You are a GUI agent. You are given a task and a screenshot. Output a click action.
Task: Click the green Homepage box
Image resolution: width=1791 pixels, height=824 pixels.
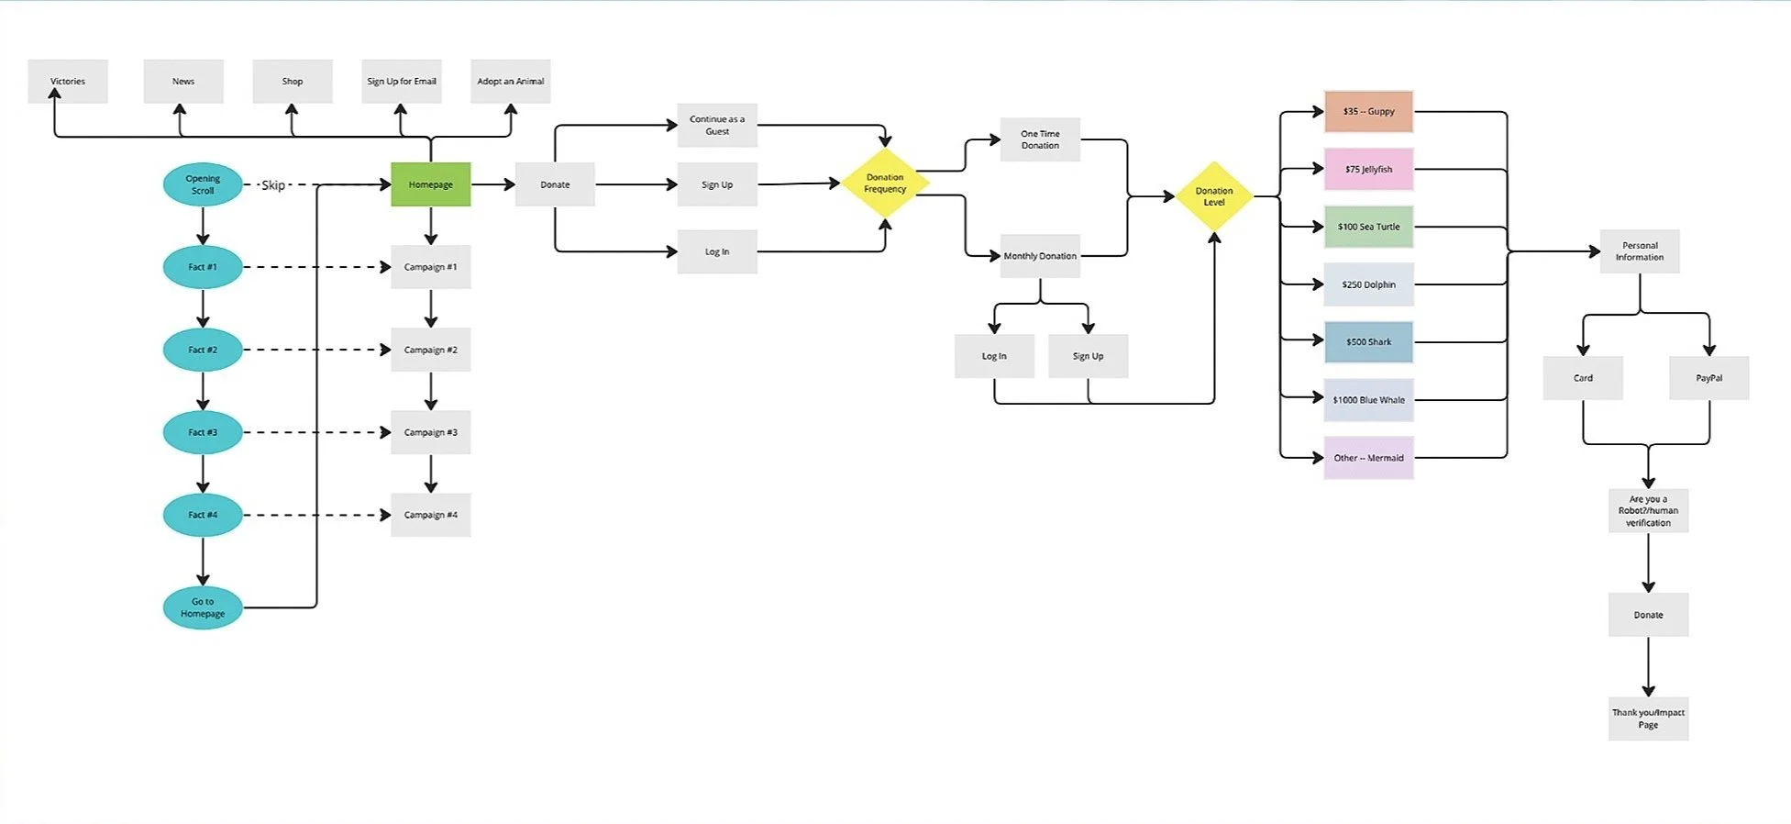(430, 184)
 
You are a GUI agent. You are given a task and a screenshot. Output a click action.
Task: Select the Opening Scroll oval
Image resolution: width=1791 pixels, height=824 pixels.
(203, 184)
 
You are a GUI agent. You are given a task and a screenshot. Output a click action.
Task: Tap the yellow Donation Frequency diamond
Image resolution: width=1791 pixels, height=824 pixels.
(885, 184)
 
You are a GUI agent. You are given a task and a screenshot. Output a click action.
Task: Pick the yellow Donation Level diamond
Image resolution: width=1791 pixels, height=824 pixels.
(1213, 196)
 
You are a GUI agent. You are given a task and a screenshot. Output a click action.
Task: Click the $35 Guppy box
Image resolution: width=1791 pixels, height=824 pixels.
(1368, 112)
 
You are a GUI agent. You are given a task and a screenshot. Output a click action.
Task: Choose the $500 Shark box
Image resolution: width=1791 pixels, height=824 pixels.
(1368, 342)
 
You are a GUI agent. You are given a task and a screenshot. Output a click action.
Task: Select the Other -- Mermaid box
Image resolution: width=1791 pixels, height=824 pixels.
(1368, 458)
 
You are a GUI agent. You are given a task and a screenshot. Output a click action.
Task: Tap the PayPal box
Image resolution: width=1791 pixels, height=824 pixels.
(1708, 378)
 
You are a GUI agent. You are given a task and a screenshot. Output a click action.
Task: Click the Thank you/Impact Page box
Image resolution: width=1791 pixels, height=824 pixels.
(1648, 718)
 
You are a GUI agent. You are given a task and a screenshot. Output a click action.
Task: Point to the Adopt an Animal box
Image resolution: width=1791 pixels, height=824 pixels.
(510, 82)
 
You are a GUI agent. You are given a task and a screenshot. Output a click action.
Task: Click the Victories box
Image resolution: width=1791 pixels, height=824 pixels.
(68, 82)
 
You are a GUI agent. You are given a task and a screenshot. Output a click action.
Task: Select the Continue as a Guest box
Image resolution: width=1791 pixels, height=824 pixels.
(717, 126)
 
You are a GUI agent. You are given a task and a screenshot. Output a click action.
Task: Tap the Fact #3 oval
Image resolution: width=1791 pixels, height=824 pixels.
(203, 432)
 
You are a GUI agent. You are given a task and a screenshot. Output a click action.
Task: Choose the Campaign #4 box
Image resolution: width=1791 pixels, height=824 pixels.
(430, 515)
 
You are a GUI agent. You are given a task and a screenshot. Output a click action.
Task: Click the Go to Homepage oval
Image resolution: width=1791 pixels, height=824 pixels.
(203, 607)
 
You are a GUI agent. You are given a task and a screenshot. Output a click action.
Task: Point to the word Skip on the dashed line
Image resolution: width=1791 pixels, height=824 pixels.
(273, 185)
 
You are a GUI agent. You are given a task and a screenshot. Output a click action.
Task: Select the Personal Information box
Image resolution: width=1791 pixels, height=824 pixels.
(1640, 251)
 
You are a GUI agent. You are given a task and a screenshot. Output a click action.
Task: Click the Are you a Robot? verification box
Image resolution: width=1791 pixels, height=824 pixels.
(1648, 511)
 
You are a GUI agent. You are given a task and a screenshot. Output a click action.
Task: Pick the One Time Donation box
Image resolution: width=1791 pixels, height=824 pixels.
(1040, 139)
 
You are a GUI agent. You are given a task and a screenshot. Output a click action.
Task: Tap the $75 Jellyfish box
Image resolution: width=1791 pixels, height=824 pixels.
(1368, 170)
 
